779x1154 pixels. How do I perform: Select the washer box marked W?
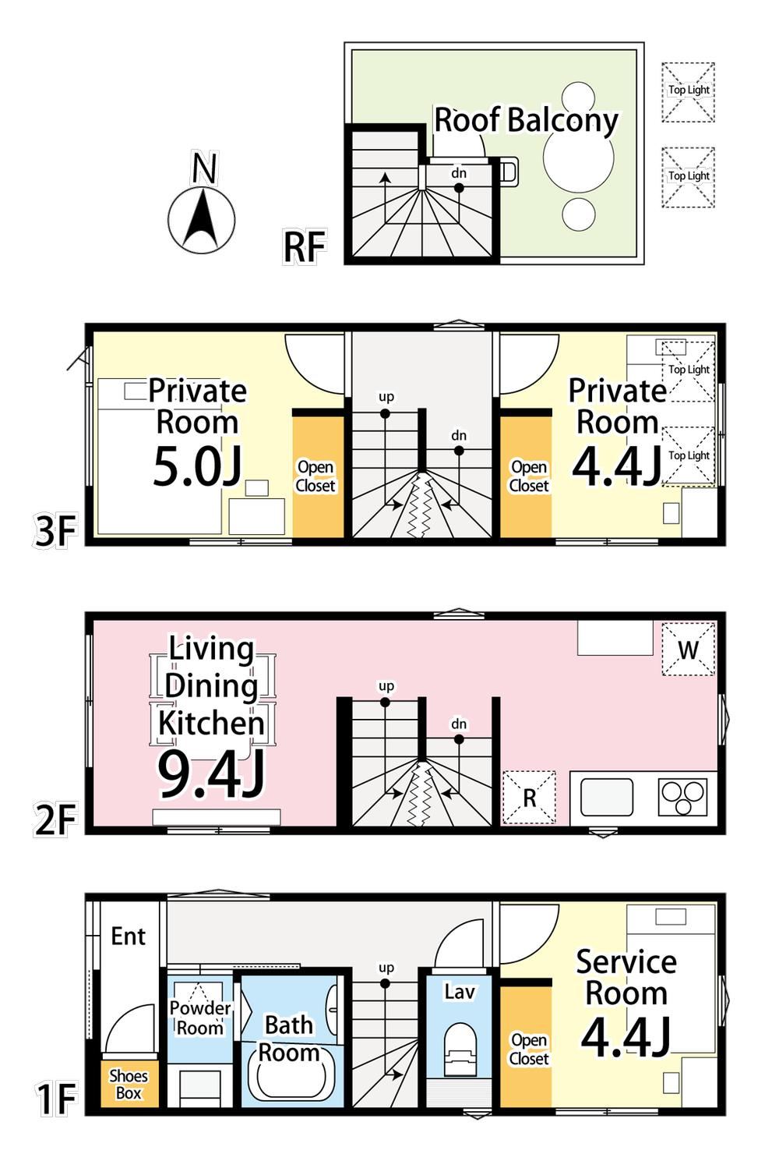tap(688, 649)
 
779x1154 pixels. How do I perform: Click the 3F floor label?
tap(55, 532)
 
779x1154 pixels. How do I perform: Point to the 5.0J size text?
tap(197, 467)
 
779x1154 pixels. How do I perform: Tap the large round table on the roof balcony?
tap(578, 158)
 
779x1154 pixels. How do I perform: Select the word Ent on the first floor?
tap(128, 936)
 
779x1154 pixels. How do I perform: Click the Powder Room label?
tap(200, 1018)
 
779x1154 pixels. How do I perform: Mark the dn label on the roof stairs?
tap(459, 173)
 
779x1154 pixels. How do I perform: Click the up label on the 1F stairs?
tap(386, 968)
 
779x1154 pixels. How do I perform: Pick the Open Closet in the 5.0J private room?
tap(319, 476)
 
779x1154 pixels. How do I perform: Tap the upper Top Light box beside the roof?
tap(689, 92)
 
